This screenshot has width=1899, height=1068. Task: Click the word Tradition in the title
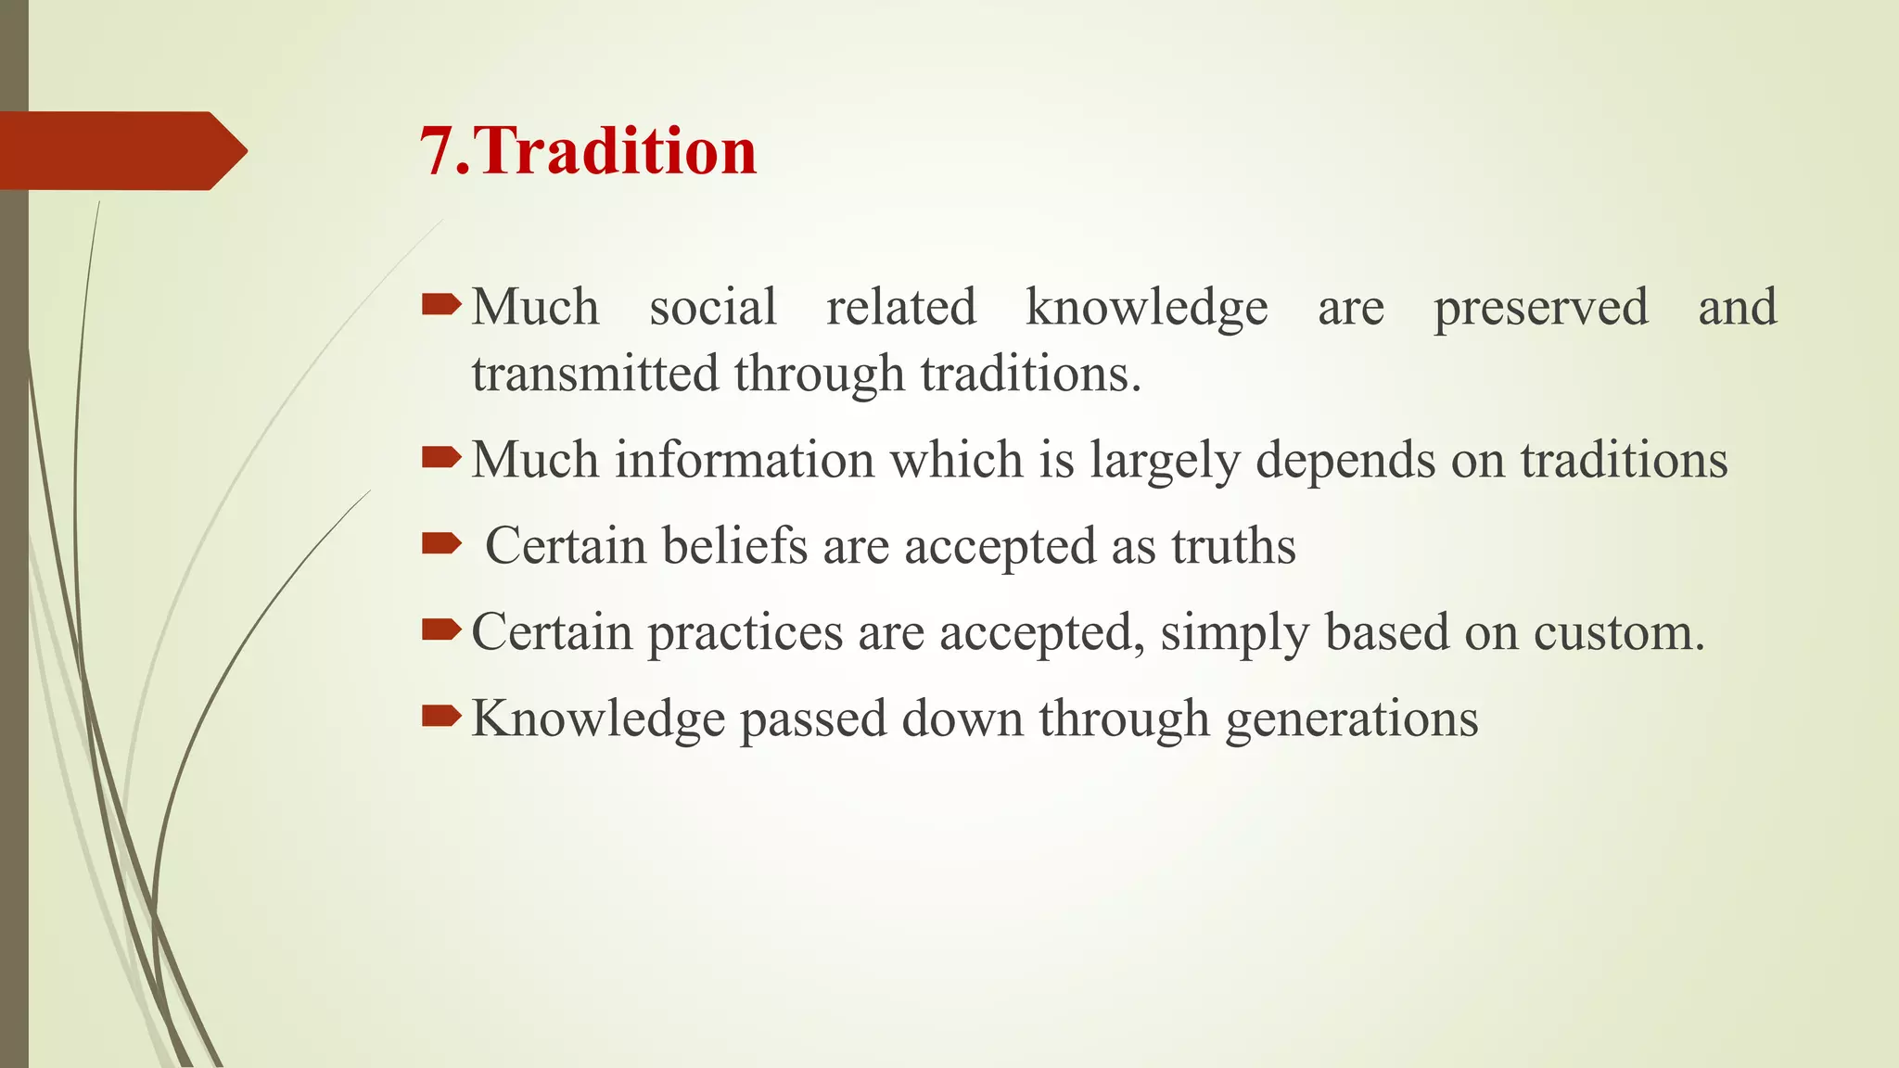point(617,151)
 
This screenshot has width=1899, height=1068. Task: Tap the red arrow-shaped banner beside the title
point(121,151)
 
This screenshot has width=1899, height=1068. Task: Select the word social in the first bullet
point(712,307)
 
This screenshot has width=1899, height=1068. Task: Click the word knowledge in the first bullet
point(1146,309)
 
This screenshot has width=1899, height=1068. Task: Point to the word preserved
point(1540,309)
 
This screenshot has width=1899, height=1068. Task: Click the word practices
point(745,633)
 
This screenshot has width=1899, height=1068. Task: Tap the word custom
point(1618,633)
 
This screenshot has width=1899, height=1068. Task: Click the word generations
point(1351,719)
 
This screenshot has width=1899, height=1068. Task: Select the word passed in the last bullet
point(812,719)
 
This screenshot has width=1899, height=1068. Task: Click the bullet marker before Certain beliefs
point(441,543)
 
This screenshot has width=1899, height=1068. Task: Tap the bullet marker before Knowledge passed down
point(441,716)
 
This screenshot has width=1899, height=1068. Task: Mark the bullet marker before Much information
point(441,457)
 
